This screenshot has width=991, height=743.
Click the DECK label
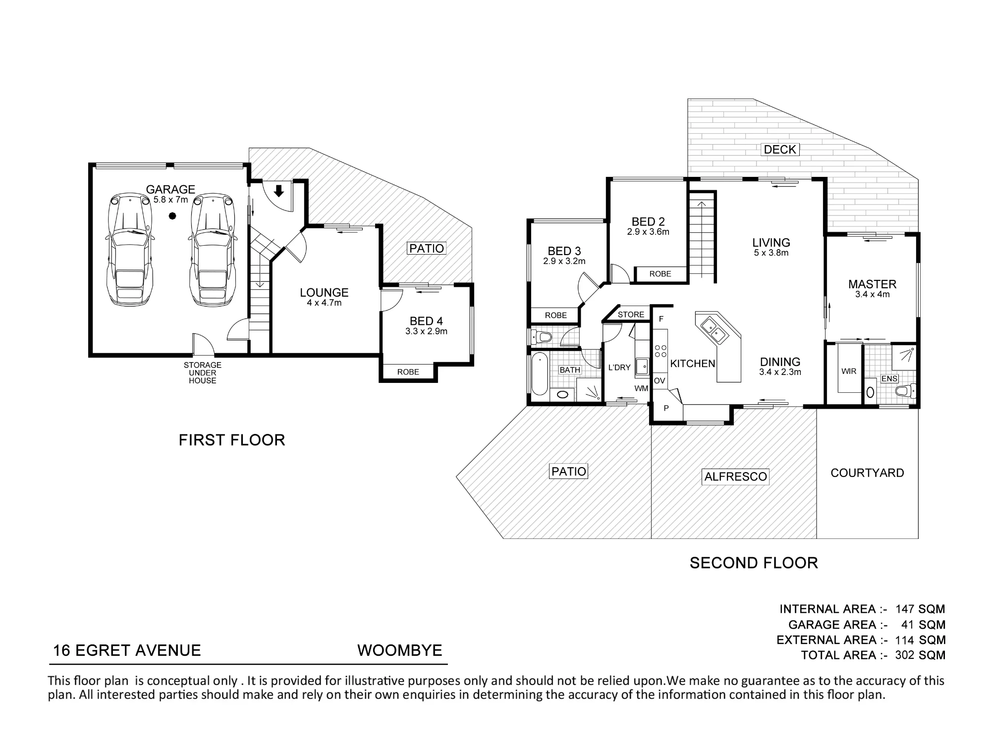point(780,149)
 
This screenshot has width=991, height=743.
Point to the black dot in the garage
point(172,215)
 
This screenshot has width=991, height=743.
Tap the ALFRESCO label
point(736,477)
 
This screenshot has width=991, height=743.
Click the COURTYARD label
point(867,473)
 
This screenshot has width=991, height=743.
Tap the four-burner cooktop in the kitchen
point(661,351)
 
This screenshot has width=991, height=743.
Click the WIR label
point(849,371)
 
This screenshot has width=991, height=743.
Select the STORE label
point(631,315)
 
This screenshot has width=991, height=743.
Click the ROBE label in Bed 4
point(408,372)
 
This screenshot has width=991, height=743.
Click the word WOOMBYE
point(400,650)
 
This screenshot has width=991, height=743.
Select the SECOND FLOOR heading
point(754,563)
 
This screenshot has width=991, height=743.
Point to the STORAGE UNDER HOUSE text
point(203,373)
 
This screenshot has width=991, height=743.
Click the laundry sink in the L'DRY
point(642,366)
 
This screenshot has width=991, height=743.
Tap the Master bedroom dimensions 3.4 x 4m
point(873,295)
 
